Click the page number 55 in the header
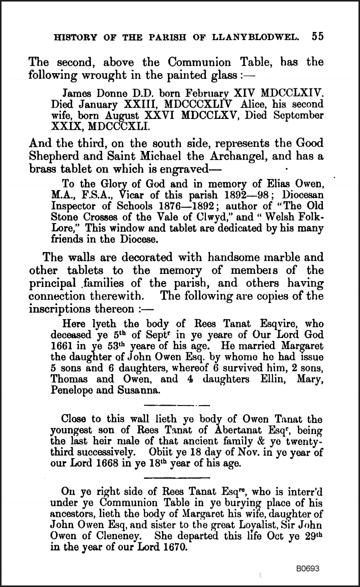[x=318, y=37]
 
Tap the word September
[x=297, y=115]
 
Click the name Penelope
[x=81, y=390]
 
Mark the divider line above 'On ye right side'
[x=177, y=478]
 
